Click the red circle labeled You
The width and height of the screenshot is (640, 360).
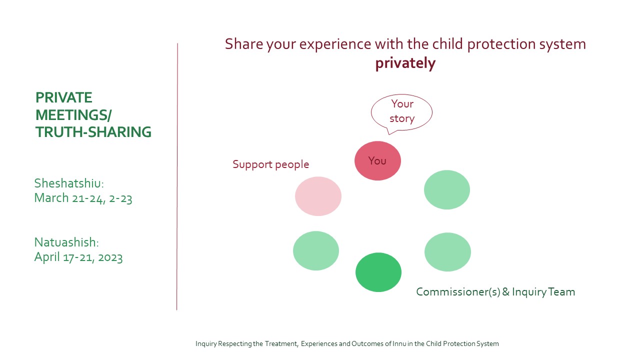(x=377, y=161)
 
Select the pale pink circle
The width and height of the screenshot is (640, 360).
(x=318, y=196)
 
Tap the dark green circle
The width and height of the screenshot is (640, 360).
(x=378, y=272)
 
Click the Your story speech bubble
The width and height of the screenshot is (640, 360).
(x=401, y=112)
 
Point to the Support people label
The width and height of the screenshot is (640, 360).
(x=270, y=164)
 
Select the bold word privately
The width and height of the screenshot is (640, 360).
(x=405, y=63)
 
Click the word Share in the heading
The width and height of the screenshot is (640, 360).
(x=243, y=44)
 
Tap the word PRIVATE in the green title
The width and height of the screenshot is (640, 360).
(x=63, y=97)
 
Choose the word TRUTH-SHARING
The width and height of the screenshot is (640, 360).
(x=93, y=132)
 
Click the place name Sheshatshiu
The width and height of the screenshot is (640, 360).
(x=69, y=183)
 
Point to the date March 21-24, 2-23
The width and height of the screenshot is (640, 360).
(x=83, y=198)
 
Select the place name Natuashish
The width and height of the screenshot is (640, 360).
(x=66, y=242)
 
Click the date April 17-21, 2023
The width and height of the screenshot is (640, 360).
(x=78, y=257)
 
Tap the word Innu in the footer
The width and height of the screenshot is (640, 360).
(x=399, y=343)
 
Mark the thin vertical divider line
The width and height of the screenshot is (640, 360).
(x=177, y=176)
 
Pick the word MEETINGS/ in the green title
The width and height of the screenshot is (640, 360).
(x=73, y=115)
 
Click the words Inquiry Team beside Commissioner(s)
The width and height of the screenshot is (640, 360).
(x=543, y=292)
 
